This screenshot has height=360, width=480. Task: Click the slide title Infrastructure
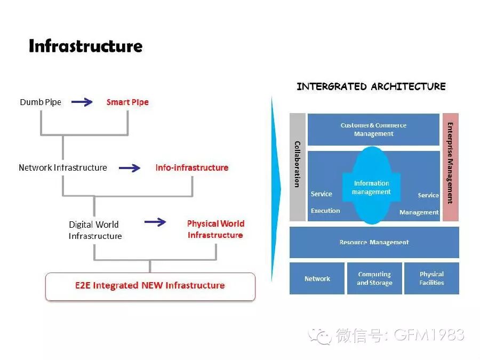point(85,46)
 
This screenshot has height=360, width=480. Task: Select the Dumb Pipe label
point(41,102)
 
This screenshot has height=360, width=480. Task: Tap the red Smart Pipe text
point(127,102)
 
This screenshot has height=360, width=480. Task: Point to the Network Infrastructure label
point(63,167)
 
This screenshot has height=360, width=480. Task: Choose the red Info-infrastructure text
point(192,167)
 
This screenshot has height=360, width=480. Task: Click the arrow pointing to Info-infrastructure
point(130,168)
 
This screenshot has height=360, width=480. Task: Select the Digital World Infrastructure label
point(95,230)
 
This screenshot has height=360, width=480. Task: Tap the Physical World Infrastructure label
point(215,229)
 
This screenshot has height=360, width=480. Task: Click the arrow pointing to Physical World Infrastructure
point(155,222)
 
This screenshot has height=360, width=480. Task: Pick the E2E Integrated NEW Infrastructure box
point(150,286)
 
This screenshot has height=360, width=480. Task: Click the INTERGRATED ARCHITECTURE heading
point(371,86)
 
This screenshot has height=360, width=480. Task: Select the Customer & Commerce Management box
point(373,130)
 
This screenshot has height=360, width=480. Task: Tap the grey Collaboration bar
point(297,167)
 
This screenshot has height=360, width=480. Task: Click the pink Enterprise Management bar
point(450,167)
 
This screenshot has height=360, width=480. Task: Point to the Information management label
point(372,187)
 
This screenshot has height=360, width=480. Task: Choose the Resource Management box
point(374,242)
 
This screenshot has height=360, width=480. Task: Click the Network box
point(317,278)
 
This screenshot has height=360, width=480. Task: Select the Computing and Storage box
point(374,278)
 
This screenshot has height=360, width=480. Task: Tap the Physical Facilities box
point(431,278)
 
